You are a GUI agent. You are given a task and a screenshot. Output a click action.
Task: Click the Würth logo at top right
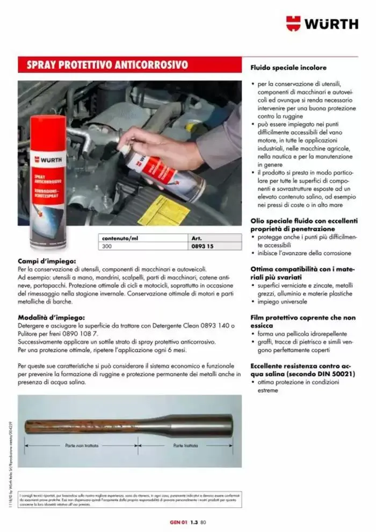(x=322, y=23)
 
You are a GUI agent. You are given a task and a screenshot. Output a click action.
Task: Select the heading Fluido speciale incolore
(x=288, y=68)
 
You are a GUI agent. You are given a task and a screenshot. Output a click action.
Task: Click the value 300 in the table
(x=107, y=246)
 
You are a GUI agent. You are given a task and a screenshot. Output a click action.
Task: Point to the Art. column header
(x=196, y=238)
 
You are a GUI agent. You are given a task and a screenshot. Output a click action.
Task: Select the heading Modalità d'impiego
(x=52, y=318)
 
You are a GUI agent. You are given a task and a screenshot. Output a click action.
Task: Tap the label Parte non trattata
(x=82, y=445)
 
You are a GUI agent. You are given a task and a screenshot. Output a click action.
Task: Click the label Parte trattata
(x=186, y=445)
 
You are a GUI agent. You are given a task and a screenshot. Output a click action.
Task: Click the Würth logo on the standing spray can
(x=48, y=160)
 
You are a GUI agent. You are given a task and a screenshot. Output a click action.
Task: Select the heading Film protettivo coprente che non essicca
(x=303, y=321)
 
